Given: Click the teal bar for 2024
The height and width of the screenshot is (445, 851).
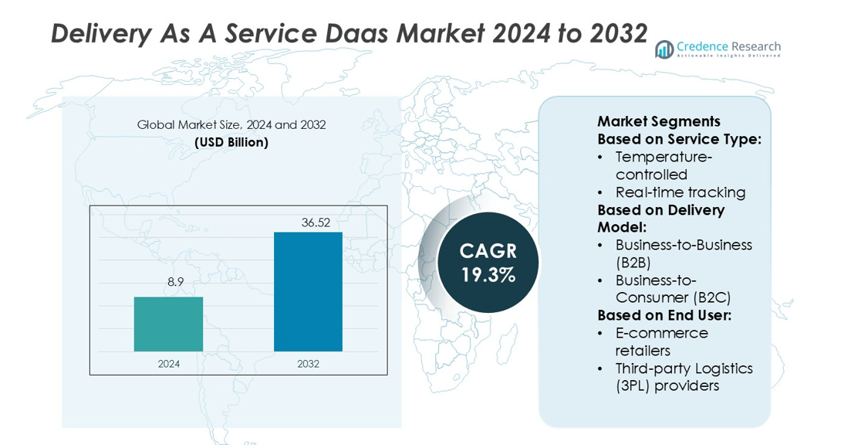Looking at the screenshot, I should tap(168, 324).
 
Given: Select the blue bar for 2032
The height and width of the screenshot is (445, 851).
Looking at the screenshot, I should tap(308, 291).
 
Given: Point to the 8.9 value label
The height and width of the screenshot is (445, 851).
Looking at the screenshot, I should tap(176, 282).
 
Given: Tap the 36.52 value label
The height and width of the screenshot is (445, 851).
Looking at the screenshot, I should tap(316, 222).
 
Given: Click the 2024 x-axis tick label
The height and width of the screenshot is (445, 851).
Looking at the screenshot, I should tap(168, 364).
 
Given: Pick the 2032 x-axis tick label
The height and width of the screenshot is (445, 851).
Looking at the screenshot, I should tap(308, 364).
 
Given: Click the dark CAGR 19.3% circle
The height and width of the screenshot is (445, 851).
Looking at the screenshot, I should tap(488, 263).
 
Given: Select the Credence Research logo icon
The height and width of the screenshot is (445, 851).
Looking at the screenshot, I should tap(664, 49).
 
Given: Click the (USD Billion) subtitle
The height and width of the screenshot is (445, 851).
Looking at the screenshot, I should tap(231, 142).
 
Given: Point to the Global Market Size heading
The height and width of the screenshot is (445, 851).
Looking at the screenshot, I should tap(231, 124).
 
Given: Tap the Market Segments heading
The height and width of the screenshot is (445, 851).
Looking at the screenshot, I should tap(659, 121).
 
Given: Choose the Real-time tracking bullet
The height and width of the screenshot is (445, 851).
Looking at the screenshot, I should tap(680, 192).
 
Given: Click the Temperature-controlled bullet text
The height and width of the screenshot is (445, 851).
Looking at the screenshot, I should tap(664, 165).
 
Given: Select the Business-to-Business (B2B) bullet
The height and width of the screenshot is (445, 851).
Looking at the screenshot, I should tap(684, 253).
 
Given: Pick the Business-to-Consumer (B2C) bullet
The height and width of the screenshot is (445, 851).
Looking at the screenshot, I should tap(673, 289).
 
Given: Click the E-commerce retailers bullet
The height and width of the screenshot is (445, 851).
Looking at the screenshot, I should tap(661, 342).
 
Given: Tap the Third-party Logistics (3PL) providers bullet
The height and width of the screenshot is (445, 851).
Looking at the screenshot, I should tap(684, 377).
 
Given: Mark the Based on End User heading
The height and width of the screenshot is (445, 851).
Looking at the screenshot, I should tap(664, 315).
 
